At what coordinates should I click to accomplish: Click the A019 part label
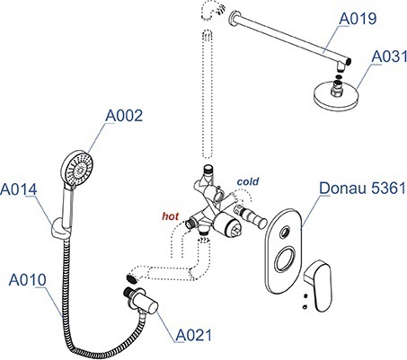click(x=358, y=19)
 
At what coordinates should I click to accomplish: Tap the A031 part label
click(x=389, y=57)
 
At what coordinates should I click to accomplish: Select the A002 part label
click(x=124, y=116)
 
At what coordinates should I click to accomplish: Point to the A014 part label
click(x=19, y=189)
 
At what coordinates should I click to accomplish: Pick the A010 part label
click(x=28, y=280)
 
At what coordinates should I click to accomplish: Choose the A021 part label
click(x=193, y=335)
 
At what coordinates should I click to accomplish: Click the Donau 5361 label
click(x=362, y=189)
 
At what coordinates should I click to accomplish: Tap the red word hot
click(x=171, y=216)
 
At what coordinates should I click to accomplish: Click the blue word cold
click(x=248, y=181)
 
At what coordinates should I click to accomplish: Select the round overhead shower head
click(x=336, y=95)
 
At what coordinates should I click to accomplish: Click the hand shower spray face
click(x=78, y=169)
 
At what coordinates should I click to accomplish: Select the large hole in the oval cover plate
click(x=286, y=259)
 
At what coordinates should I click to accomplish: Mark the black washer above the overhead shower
click(x=338, y=78)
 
